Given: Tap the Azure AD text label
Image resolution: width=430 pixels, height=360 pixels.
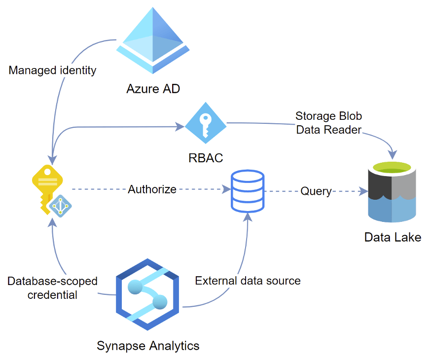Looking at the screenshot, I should [153, 89].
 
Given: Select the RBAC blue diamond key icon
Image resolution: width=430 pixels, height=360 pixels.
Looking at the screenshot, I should [206, 126].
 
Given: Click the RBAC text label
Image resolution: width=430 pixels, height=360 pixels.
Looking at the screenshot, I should [206, 158].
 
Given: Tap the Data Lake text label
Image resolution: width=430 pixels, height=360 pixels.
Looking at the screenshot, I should [393, 237].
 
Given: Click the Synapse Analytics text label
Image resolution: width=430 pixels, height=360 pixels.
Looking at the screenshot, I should [148, 345].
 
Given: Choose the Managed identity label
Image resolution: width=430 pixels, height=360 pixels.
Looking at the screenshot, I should [52, 71].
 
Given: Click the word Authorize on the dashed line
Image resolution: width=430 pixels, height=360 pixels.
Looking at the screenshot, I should [152, 189].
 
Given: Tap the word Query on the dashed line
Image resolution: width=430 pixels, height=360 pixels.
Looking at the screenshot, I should [316, 191].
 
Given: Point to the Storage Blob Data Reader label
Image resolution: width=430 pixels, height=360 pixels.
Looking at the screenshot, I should [328, 123].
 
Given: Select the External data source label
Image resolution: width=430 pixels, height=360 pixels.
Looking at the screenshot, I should [248, 281].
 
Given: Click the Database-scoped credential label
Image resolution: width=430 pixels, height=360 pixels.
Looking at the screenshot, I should [52, 288].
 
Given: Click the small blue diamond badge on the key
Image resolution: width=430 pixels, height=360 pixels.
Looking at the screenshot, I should [61, 206].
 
